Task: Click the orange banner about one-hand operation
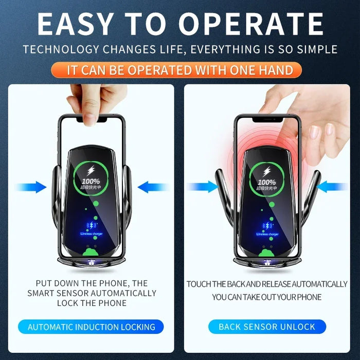coord(180,70)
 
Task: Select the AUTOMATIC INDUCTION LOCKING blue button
coord(92,327)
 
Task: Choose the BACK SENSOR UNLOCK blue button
coord(267,327)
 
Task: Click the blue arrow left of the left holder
coord(32,187)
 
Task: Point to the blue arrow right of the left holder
coord(153,187)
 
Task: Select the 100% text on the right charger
coord(266,182)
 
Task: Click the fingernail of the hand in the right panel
coord(314,132)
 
